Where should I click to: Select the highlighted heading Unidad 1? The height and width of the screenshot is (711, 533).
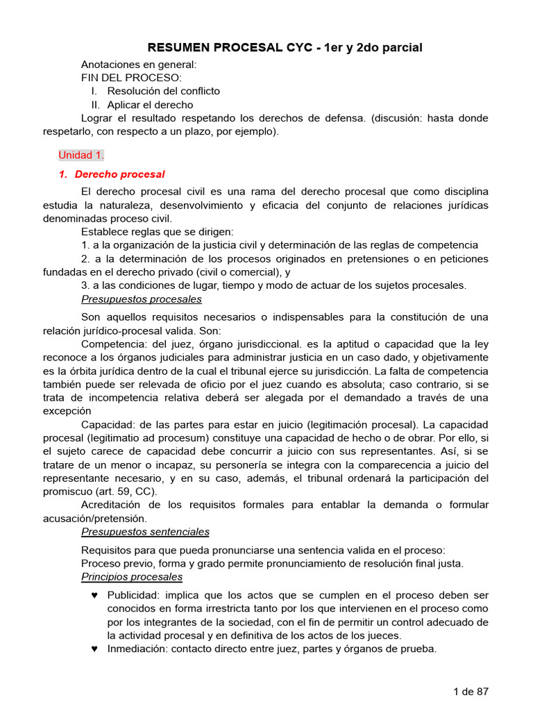81,155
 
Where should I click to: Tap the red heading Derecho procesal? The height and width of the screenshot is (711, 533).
119,174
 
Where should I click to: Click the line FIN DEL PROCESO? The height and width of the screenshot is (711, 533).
131,78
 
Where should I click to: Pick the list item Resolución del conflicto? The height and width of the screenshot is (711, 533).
163,91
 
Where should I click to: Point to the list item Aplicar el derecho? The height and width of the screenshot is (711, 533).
150,105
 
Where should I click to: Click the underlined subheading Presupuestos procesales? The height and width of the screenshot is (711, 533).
142,299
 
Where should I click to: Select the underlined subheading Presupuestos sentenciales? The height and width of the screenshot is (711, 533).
145,532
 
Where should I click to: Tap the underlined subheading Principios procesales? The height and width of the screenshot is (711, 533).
132,577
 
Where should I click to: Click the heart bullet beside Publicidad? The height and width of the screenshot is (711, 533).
94,596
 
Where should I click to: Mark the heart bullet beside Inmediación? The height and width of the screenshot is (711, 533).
94,649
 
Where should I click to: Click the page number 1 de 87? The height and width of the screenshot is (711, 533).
471,692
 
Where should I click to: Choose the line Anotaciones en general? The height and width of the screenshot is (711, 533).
139,65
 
